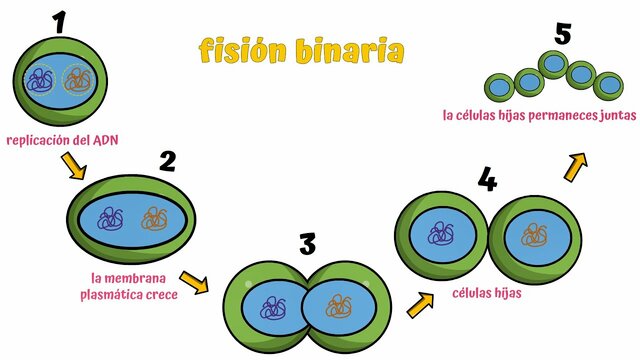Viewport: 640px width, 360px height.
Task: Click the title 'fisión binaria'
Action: tap(301, 50)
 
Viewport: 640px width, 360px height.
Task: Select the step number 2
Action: tap(167, 160)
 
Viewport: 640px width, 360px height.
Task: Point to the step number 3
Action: tap(307, 243)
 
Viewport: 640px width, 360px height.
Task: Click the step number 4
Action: tap(487, 180)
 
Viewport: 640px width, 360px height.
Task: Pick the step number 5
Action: tap(563, 34)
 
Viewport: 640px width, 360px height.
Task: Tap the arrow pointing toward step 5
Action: tap(575, 167)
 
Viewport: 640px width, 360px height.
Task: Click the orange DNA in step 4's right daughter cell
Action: tap(534, 236)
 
